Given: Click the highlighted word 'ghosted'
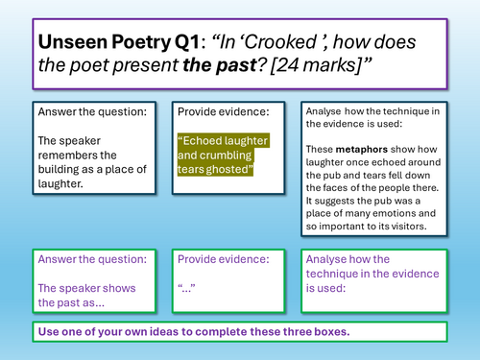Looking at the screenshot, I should [x=230, y=169].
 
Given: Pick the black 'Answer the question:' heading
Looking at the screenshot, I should [x=93, y=111].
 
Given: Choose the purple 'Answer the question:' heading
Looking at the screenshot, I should [x=93, y=259].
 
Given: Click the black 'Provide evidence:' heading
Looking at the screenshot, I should [x=222, y=111].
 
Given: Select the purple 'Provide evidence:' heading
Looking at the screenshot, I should [x=222, y=259].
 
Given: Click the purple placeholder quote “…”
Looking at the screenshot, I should [x=186, y=288].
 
